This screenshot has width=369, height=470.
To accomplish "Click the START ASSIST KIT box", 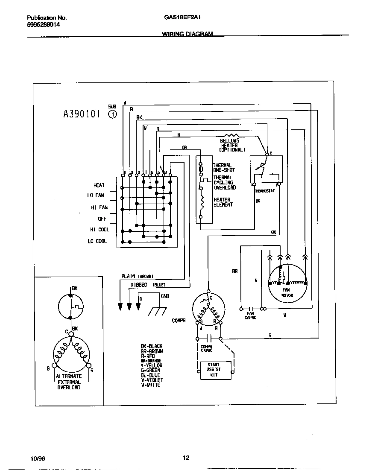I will [x=216, y=370].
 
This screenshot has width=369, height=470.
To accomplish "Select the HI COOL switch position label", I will [x=99, y=230].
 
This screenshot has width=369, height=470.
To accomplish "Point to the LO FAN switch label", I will [x=96, y=196].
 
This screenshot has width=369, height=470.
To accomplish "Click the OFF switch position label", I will [x=102, y=219].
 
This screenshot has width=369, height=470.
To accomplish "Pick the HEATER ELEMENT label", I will [x=223, y=202].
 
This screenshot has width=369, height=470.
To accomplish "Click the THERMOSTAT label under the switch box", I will [x=265, y=190].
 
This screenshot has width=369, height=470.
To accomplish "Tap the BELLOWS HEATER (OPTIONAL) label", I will [x=231, y=145].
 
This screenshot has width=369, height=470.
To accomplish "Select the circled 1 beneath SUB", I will [x=112, y=114].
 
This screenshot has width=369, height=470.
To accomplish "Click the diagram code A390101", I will [x=82, y=114].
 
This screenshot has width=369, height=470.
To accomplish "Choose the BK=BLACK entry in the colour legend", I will [x=151, y=346].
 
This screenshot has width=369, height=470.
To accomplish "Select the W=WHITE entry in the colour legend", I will [x=150, y=385].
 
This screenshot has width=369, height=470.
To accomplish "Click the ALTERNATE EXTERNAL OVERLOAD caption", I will [x=69, y=382].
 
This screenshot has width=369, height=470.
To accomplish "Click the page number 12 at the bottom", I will [x=186, y=458].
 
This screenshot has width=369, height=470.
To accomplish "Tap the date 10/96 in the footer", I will [x=38, y=459].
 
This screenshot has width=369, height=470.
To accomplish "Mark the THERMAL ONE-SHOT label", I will [x=223, y=167].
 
